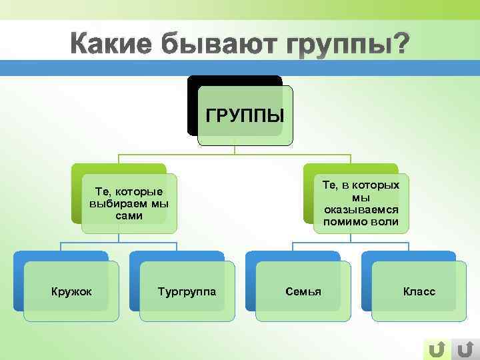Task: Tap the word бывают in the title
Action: coord(219,45)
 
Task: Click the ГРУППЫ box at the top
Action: coord(245,115)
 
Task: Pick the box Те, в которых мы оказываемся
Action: coord(361,203)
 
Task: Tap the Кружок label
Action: coord(72,292)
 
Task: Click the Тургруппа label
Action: coord(187,292)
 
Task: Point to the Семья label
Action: coord(303,292)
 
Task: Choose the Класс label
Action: coord(419,292)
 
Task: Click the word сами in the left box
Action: coord(129,216)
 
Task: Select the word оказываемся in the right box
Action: coord(361,209)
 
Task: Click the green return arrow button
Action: coord(437,349)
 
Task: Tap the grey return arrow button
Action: coord(465,349)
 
